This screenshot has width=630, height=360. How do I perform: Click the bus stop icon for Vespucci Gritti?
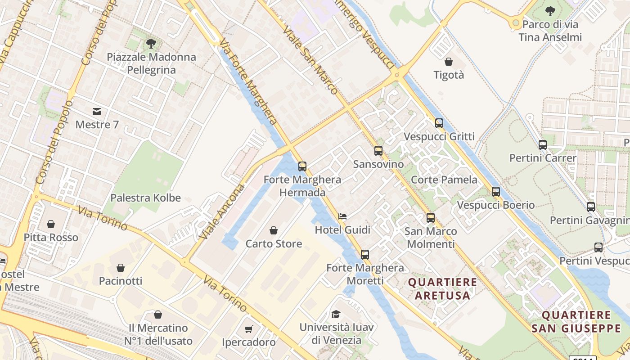coord(439,123)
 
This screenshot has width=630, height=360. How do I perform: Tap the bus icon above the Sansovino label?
coord(378,151)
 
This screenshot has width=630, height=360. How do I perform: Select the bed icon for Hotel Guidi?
coord(342,216)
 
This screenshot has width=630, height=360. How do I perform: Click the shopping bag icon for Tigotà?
coord(449,62)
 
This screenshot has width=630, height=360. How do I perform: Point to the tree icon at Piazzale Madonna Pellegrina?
coord(151,44)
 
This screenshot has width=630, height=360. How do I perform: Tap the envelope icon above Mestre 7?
coord(97,111)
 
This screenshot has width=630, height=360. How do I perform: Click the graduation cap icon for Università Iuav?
coord(336,314)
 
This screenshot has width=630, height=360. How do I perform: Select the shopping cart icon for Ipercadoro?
coord(249,329)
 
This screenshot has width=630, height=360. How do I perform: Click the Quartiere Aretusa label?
coord(442,289)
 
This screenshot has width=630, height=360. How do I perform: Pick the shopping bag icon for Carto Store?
coord(273,230)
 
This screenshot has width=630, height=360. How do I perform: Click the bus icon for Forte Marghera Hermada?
coord(302,166)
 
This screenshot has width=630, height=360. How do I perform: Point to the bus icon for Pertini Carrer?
coord(543,145)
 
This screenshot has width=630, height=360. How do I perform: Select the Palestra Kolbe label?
coord(145,198)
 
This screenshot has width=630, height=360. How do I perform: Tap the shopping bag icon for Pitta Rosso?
coord(51,224)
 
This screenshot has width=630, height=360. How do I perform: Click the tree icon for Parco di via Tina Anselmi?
coord(550,11)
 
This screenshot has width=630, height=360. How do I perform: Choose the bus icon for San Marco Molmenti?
coord(431,218)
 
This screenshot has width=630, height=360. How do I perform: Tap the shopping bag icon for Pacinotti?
coord(121,268)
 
